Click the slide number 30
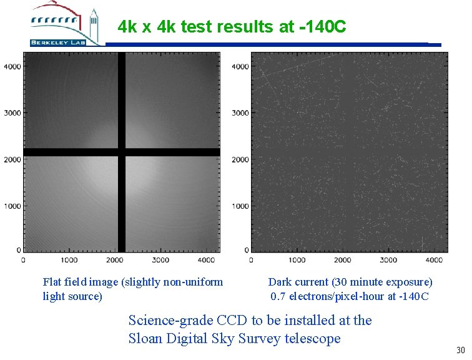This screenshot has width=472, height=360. pyautogui.click(x=461, y=350)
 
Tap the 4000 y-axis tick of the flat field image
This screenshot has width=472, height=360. pyautogui.click(x=12, y=66)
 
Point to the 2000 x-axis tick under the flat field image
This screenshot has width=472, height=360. pyautogui.click(x=114, y=260)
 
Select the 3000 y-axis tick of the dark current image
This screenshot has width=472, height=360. pyautogui.click(x=240, y=113)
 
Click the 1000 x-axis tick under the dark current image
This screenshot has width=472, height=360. pyautogui.click(x=297, y=260)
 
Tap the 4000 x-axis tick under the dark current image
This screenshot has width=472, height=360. pyautogui.click(x=435, y=260)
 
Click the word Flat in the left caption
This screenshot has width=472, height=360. pyautogui.click(x=53, y=282)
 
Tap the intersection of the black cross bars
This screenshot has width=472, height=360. pyautogui.click(x=121, y=152)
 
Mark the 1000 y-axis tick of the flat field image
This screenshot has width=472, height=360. pyautogui.click(x=12, y=206)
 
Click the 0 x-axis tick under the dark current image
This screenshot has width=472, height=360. pyautogui.click(x=250, y=260)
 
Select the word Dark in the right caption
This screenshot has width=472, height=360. pyautogui.click(x=279, y=282)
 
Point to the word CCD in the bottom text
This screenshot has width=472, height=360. pyautogui.click(x=232, y=321)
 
